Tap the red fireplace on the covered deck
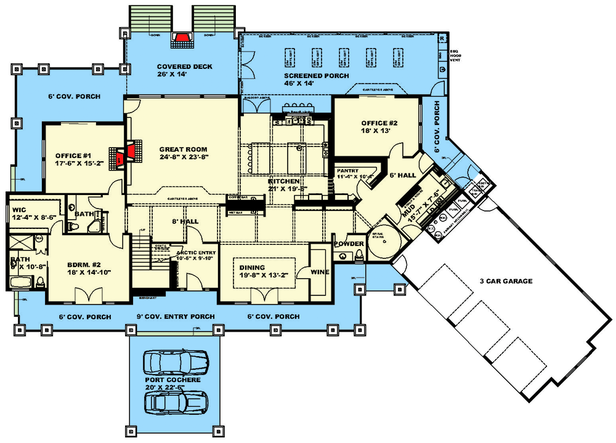pyautogui.click(x=182, y=39)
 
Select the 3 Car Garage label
pyautogui.click(x=507, y=281)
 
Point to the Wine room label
pyautogui.click(x=319, y=271)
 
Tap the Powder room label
pyautogui.click(x=349, y=244)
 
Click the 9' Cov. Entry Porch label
pyautogui.click(x=176, y=317)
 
